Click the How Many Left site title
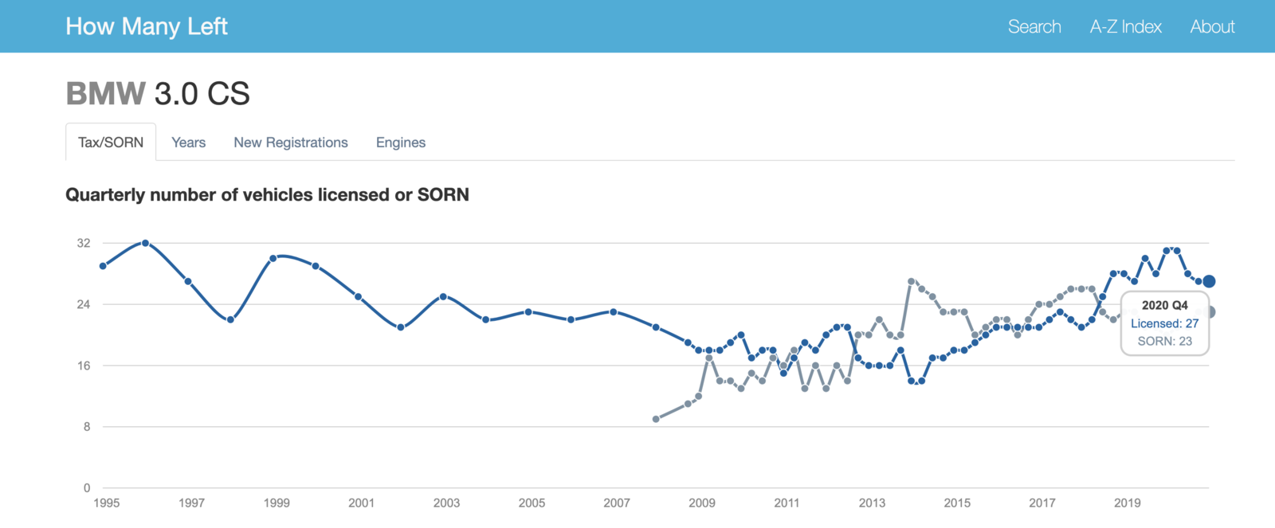click(147, 27)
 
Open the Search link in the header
click(1034, 27)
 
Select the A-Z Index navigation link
click(1125, 27)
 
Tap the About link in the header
click(1212, 27)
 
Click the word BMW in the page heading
click(106, 93)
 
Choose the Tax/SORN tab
click(111, 143)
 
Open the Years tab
click(188, 143)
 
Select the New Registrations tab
click(290, 143)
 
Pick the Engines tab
click(401, 143)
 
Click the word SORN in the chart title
click(443, 194)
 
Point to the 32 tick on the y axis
click(84, 243)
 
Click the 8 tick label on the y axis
click(87, 427)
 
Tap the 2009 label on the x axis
click(702, 503)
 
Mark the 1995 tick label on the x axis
click(107, 503)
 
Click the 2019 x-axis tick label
click(1127, 503)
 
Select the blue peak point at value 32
click(145, 243)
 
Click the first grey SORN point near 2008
click(656, 419)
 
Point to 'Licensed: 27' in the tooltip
click(1164, 324)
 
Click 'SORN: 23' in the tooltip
click(1164, 342)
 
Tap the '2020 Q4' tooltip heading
click(1164, 306)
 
